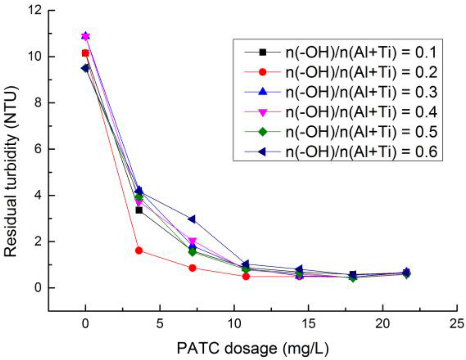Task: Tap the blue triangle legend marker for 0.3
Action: pyautogui.click(x=262, y=92)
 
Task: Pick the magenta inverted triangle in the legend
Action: pyautogui.click(x=262, y=112)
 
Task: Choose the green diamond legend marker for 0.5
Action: pyautogui.click(x=262, y=132)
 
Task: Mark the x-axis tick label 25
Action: pyautogui.click(x=456, y=324)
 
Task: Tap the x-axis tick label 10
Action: pyautogui.click(x=234, y=324)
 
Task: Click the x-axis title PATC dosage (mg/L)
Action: pyautogui.click(x=253, y=349)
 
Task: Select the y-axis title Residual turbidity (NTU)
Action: pyautogui.click(x=11, y=172)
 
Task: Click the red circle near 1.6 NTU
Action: pyautogui.click(x=139, y=251)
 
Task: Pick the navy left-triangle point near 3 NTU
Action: pyautogui.click(x=192, y=219)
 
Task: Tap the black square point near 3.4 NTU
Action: pyautogui.click(x=139, y=210)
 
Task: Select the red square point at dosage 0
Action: pyautogui.click(x=85, y=53)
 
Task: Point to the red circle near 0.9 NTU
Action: pyautogui.click(x=193, y=268)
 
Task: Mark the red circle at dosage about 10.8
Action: pyautogui.click(x=246, y=277)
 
